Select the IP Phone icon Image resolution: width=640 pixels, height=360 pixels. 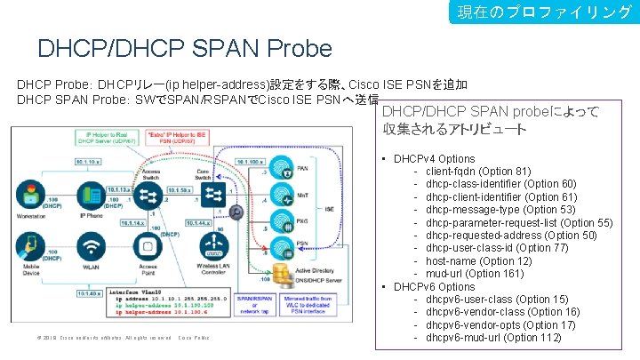pyautogui.click(x=92, y=196)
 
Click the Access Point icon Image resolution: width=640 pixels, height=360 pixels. pyautogui.click(x=148, y=246)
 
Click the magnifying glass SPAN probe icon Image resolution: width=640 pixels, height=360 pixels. pyautogui.click(x=236, y=212)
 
